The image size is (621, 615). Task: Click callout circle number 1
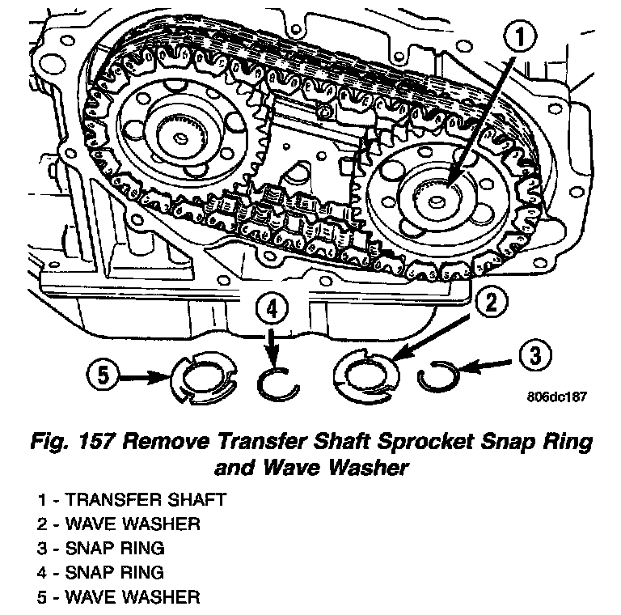pyautogui.click(x=520, y=37)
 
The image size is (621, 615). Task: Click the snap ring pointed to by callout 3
pyautogui.click(x=441, y=376)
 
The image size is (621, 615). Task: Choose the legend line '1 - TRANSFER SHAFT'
pyautogui.click(x=130, y=499)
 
